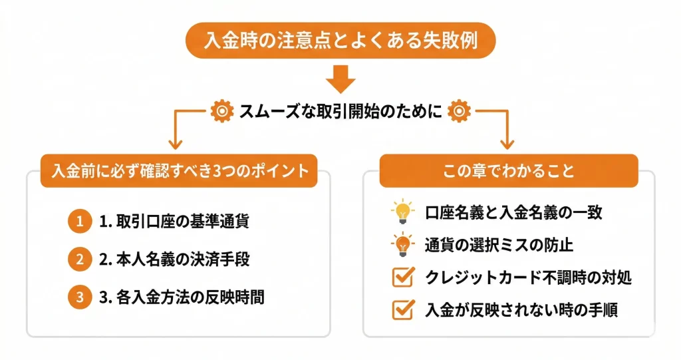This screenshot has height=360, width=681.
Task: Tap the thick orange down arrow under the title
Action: pos(340,79)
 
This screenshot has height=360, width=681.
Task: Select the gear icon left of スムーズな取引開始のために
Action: pos(219,111)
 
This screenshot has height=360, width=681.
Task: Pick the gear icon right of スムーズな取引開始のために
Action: pos(460,111)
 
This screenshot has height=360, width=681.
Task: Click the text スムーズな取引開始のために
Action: pos(340,111)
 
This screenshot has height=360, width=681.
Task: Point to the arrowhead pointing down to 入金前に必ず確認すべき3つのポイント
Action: pos(176,143)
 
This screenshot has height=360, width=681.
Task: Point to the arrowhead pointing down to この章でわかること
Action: pos(507,143)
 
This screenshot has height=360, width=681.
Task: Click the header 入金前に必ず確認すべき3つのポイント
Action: pos(180,170)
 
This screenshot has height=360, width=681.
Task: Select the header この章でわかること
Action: pos(509,170)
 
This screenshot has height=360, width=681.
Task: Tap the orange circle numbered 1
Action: pos(78,222)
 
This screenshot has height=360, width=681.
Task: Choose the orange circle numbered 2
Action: pos(78,260)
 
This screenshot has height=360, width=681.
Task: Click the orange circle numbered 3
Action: pos(78,297)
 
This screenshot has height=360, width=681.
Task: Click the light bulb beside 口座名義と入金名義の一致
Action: pos(402,212)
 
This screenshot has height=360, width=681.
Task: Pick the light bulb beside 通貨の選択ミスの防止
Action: pos(402,244)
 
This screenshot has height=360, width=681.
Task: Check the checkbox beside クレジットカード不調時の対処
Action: pos(402,277)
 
